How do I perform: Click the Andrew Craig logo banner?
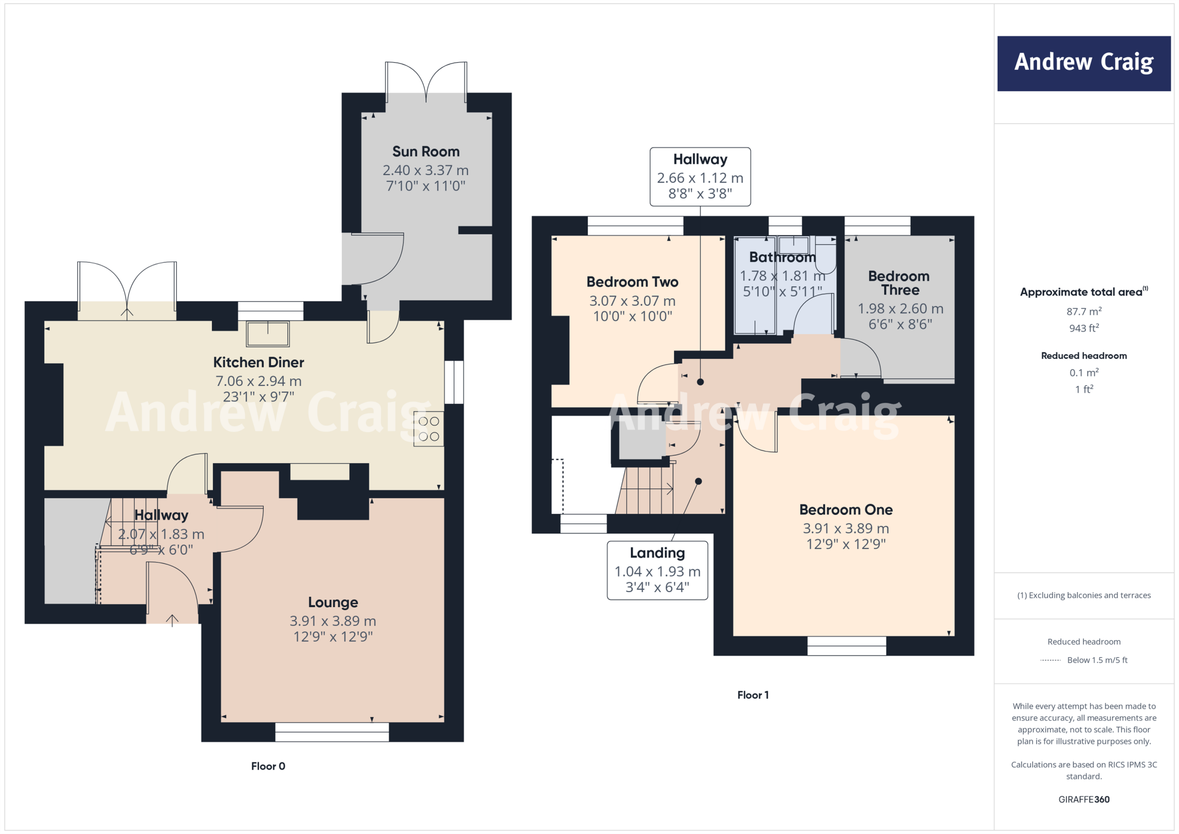point(1083,63)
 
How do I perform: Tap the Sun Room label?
point(425,151)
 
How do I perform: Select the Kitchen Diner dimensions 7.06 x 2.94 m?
point(258,381)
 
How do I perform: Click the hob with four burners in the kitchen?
point(429,429)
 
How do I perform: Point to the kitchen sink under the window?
point(268,333)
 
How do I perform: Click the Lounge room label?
point(333,602)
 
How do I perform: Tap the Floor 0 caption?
point(268,766)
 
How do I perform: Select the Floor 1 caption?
point(752,695)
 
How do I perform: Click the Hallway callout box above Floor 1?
point(700,177)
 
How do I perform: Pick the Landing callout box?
point(657,570)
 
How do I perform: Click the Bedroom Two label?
point(632,282)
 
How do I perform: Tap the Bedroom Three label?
point(899,283)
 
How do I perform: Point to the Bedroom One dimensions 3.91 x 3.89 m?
point(846,529)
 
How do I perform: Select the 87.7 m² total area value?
point(1083,312)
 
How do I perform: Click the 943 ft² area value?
point(1083,328)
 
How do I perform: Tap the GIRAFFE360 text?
point(1083,799)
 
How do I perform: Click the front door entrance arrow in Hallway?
point(172,620)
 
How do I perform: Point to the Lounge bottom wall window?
point(332,732)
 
